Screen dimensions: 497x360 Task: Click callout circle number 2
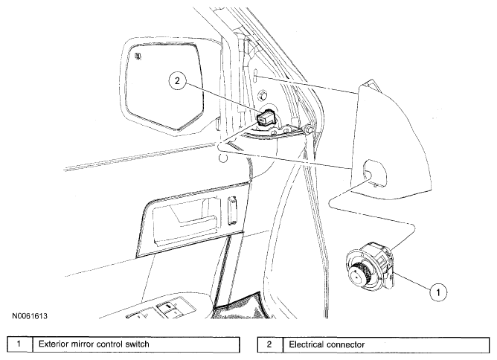click(x=177, y=80)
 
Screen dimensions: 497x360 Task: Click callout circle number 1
click(x=438, y=292)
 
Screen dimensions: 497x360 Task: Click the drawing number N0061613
click(x=30, y=316)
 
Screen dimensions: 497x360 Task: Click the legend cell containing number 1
click(x=19, y=344)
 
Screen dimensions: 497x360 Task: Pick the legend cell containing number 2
click(x=269, y=344)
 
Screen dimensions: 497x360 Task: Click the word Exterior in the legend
click(x=54, y=344)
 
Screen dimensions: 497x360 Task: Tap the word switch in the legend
click(x=137, y=344)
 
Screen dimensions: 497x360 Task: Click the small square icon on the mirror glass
click(x=138, y=56)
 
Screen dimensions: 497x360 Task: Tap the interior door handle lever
click(x=194, y=219)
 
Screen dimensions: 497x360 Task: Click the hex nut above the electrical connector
click(x=263, y=94)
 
